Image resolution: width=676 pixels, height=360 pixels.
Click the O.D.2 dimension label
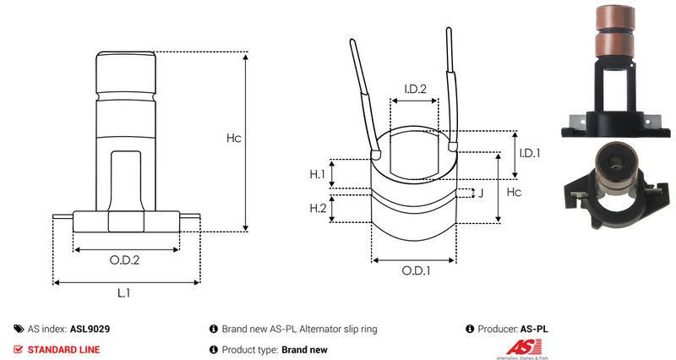(x=125, y=260)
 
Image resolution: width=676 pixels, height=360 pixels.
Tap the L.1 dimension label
(x=123, y=293)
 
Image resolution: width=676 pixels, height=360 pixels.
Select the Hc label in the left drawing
(x=234, y=139)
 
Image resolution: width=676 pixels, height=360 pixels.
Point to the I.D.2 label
(x=414, y=89)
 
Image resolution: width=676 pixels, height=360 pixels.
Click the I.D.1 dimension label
(x=529, y=153)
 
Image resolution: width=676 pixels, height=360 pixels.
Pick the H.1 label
(x=318, y=174)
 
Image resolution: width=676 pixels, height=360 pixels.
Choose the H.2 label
(x=318, y=208)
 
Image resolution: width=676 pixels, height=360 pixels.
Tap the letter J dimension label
(x=480, y=194)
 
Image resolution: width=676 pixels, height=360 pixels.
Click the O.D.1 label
(x=415, y=271)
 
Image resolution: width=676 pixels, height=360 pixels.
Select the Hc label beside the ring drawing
(x=513, y=194)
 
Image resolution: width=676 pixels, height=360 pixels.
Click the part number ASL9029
(x=89, y=329)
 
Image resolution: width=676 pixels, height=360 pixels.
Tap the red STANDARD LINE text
(x=63, y=349)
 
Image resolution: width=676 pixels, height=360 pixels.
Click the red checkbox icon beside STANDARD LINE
(x=19, y=349)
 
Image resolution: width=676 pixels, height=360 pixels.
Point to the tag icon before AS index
(x=19, y=329)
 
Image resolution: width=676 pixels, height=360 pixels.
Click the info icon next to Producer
(x=470, y=329)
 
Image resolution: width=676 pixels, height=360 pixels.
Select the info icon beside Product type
(x=213, y=349)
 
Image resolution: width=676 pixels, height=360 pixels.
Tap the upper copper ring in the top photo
(x=613, y=18)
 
